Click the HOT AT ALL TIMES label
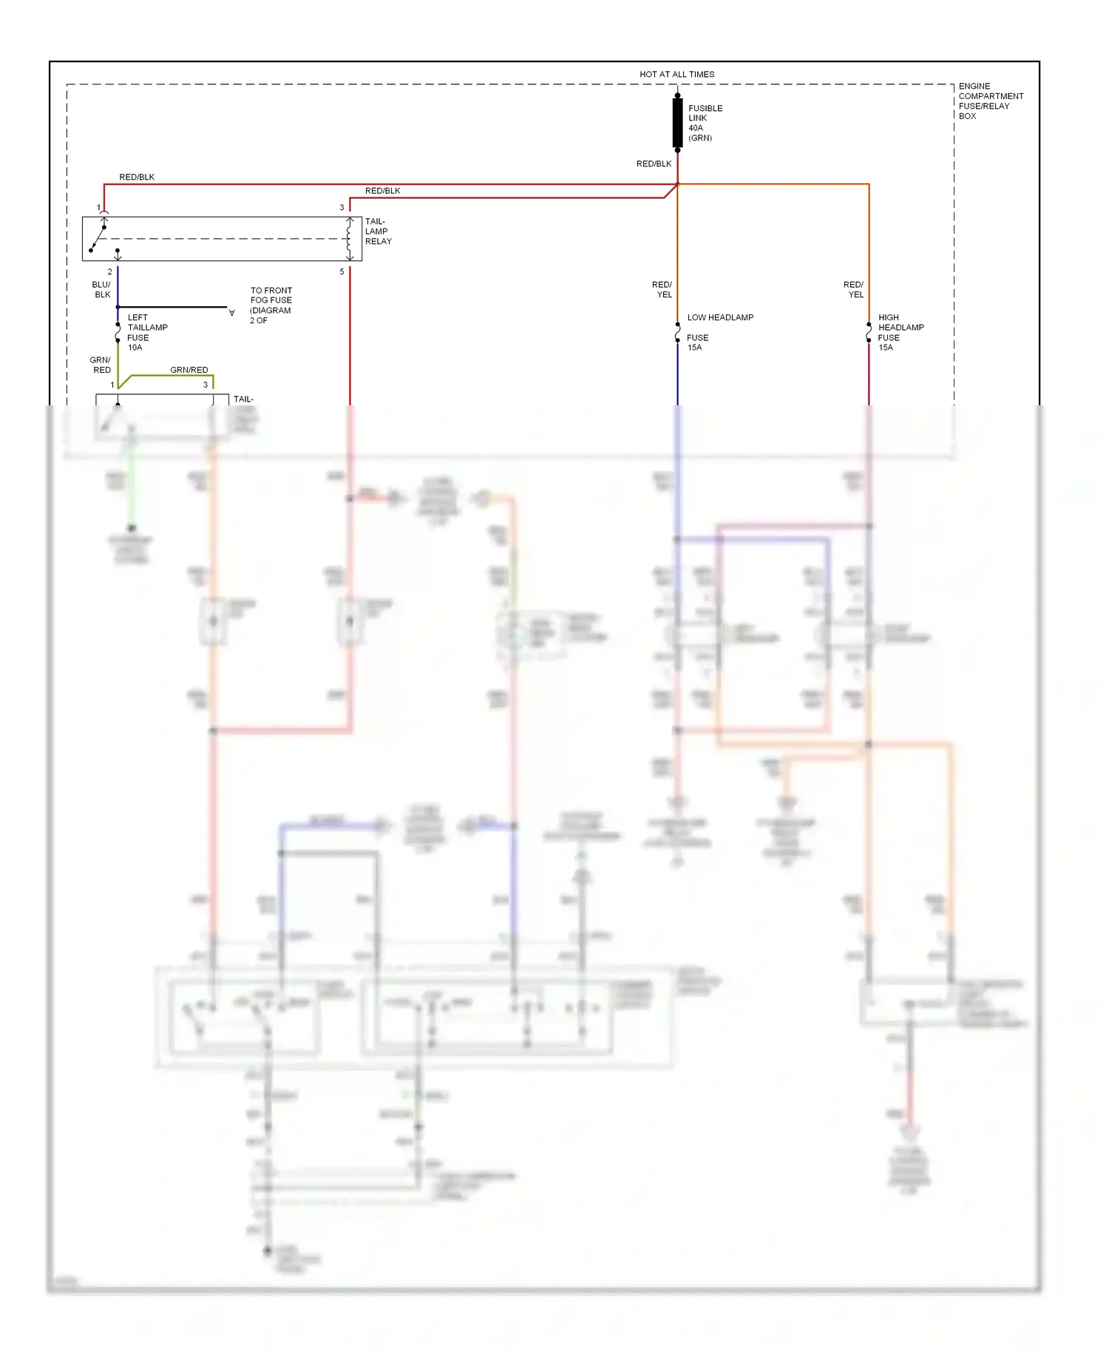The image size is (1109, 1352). click(676, 74)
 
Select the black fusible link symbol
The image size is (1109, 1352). click(677, 123)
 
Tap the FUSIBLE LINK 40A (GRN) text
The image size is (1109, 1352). click(705, 123)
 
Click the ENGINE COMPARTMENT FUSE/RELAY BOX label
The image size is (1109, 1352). click(990, 101)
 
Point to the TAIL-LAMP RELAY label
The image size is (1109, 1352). click(378, 231)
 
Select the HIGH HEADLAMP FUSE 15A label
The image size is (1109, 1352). click(900, 332)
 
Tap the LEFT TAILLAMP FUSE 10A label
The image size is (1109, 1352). click(146, 332)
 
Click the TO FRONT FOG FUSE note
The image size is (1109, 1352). click(271, 305)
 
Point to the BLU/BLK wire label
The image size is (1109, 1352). click(101, 289)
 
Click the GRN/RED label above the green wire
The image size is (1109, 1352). click(189, 370)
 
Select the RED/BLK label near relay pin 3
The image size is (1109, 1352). click(382, 191)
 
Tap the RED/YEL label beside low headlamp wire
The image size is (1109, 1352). click(662, 289)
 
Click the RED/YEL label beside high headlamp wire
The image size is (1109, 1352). click(854, 289)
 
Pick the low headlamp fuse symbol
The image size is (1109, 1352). click(677, 332)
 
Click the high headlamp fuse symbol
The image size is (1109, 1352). click(869, 332)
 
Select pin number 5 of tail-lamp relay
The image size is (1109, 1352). click(342, 271)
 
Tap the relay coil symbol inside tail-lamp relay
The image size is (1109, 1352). click(350, 238)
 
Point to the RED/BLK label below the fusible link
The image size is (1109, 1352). click(654, 163)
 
